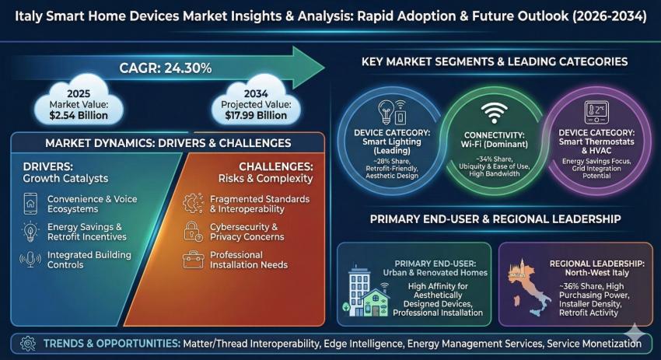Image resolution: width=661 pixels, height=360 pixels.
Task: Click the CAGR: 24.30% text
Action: (x=165, y=68)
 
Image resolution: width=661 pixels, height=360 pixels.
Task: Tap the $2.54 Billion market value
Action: (x=79, y=116)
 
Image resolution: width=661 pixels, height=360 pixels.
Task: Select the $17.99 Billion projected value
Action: (x=256, y=116)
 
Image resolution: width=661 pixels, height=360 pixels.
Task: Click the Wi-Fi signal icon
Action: (x=494, y=113)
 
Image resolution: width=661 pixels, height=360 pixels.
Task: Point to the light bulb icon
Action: (x=386, y=112)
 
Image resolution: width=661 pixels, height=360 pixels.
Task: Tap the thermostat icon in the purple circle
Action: (x=596, y=112)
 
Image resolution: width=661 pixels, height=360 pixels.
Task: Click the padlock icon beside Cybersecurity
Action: (x=193, y=232)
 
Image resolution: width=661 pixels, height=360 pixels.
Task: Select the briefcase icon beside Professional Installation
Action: (x=193, y=259)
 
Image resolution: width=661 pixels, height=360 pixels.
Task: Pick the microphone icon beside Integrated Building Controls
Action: (x=30, y=259)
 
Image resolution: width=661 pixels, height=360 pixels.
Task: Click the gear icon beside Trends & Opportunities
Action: (x=28, y=344)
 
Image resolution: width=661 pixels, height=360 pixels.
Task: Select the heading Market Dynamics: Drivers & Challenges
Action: (x=168, y=143)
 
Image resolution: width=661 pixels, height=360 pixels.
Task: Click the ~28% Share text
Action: (x=392, y=162)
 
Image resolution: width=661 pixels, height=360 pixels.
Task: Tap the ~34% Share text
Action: (x=494, y=159)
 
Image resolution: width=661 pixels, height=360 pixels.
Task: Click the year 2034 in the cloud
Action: (x=256, y=93)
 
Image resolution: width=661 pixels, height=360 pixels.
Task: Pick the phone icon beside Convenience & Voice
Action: (x=30, y=204)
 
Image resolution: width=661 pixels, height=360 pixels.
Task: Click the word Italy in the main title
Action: (x=28, y=16)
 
